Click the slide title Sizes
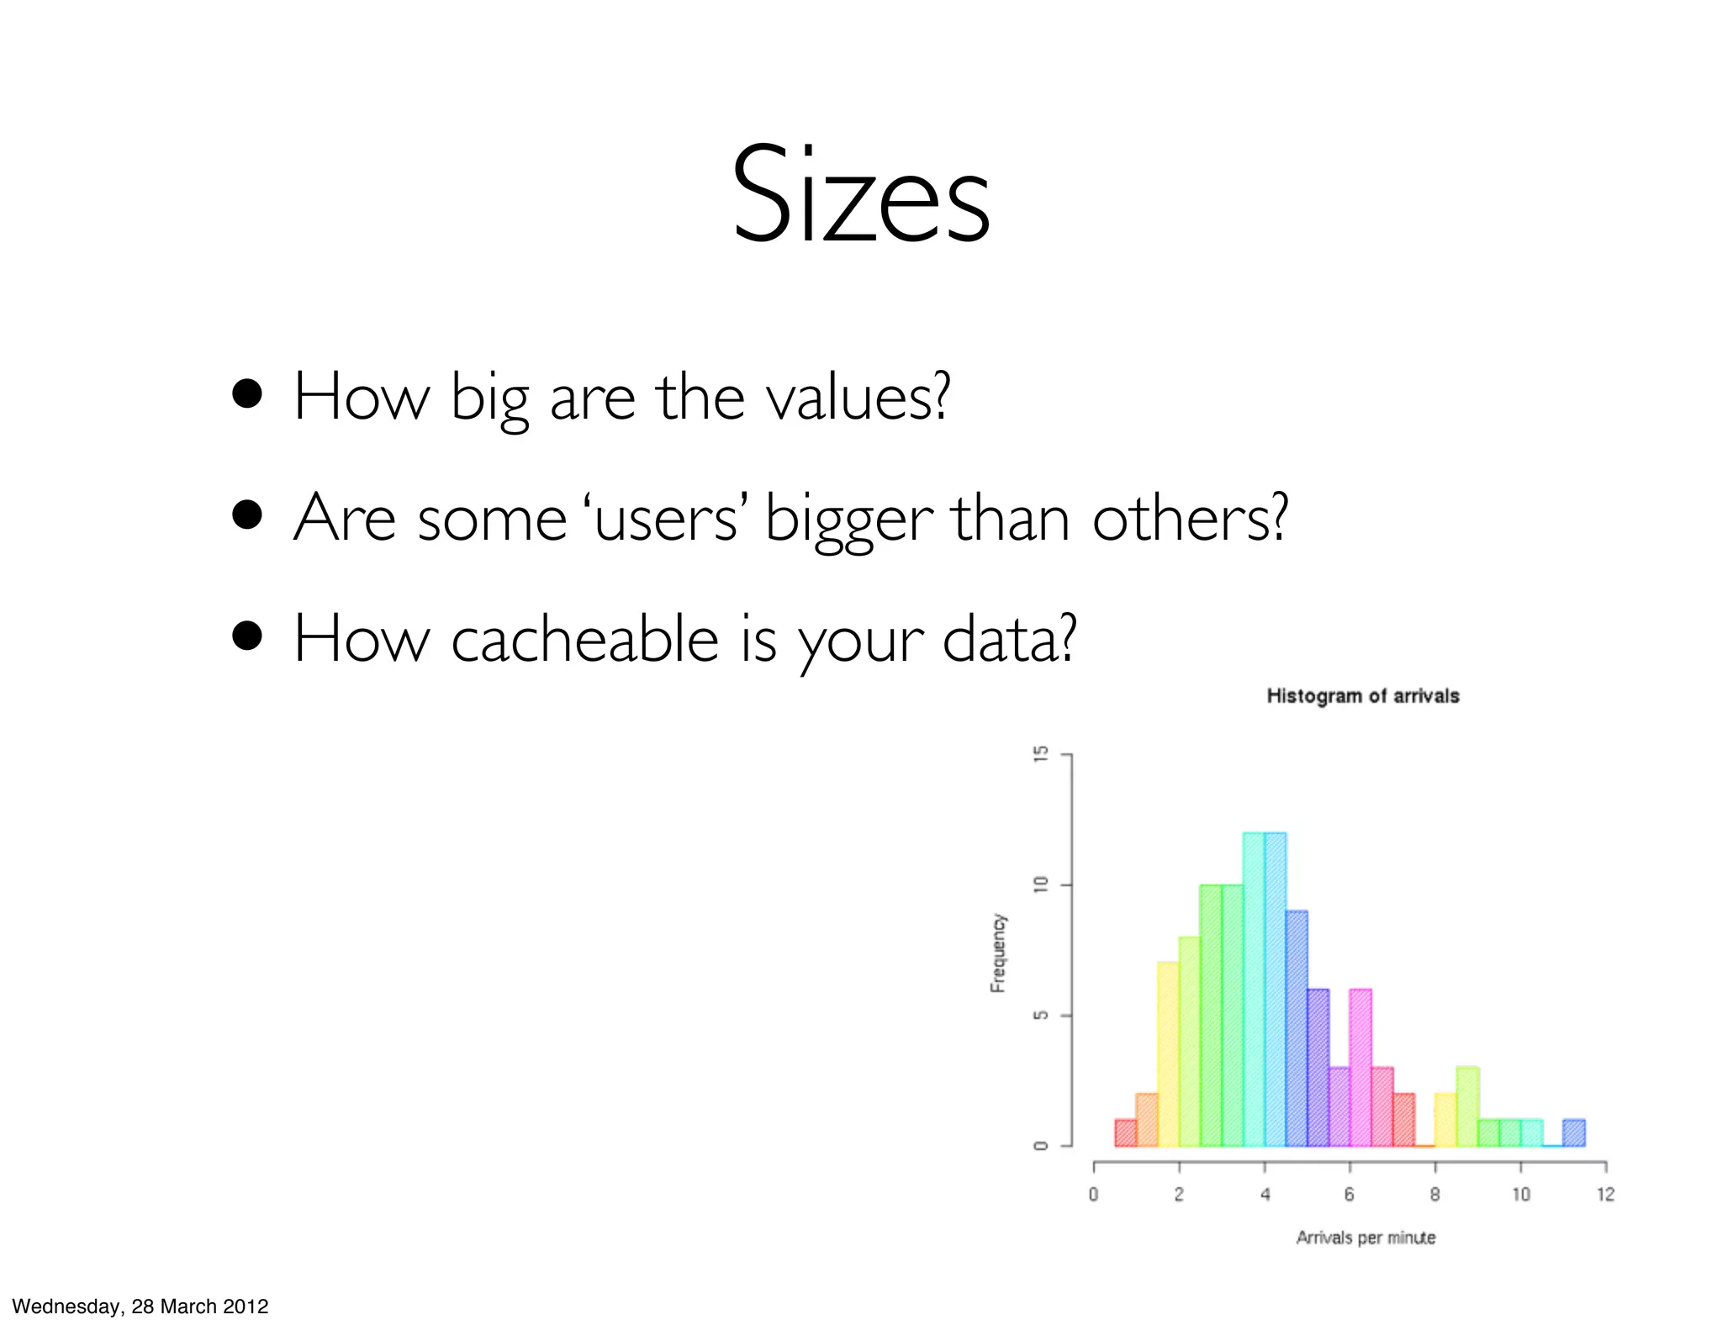(x=860, y=195)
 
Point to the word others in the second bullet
(x=1189, y=519)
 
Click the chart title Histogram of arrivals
(x=1362, y=696)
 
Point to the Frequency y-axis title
(x=998, y=953)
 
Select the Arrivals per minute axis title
(x=1365, y=1238)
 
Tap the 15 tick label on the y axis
(x=1041, y=754)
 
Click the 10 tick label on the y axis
(x=1041, y=884)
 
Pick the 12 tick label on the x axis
(x=1605, y=1195)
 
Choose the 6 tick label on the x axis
(x=1349, y=1195)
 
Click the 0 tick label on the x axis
(x=1093, y=1195)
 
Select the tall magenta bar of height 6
(x=1360, y=1068)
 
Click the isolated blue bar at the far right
(x=1574, y=1132)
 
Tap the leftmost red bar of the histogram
(x=1126, y=1132)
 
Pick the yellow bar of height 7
(x=1168, y=1054)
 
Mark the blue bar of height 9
(x=1297, y=1028)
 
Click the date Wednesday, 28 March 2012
(x=140, y=1306)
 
